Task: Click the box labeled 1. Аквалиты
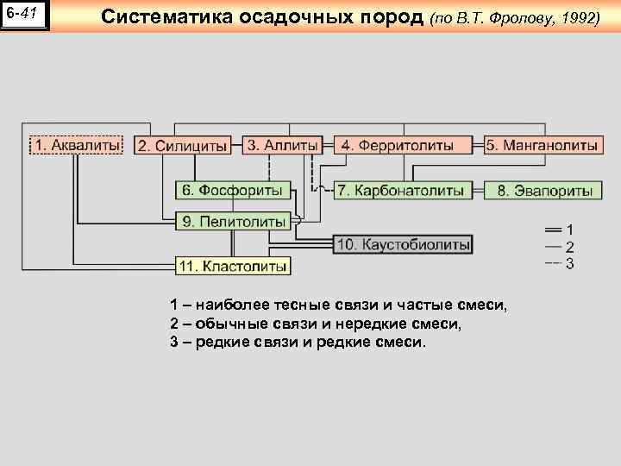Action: click(77, 145)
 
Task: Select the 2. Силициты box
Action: click(184, 146)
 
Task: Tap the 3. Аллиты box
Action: click(283, 145)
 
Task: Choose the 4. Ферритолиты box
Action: click(403, 145)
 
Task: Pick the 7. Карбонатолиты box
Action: click(402, 190)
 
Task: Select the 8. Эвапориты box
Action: click(543, 190)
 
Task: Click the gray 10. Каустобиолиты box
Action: click(403, 244)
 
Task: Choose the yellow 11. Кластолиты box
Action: click(233, 267)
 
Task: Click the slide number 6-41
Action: click(25, 15)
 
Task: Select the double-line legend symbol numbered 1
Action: click(553, 230)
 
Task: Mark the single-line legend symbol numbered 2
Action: click(553, 247)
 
